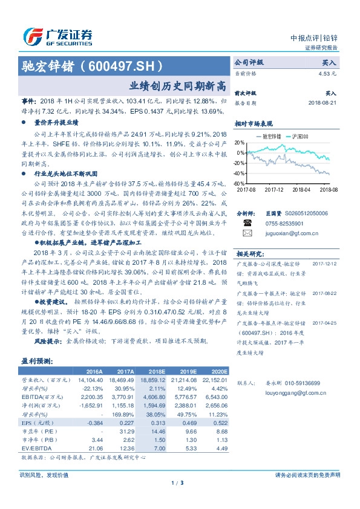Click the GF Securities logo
[57, 36]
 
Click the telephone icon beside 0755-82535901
[247, 222]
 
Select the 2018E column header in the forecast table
[157, 371]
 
